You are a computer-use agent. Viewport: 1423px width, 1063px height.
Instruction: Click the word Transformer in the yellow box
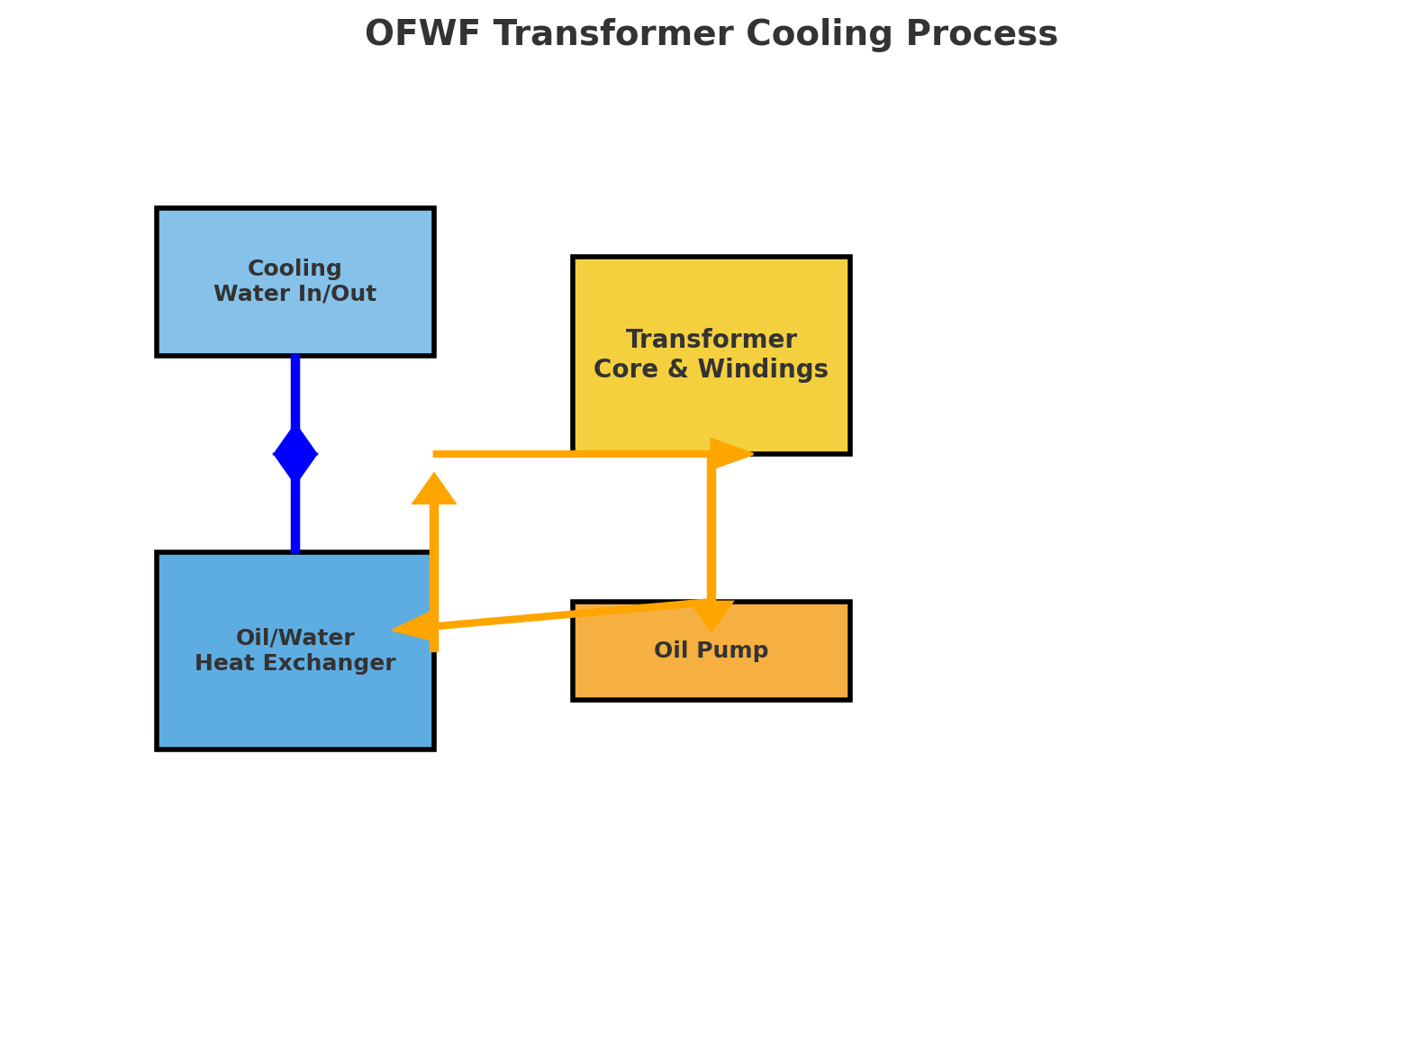click(x=711, y=341)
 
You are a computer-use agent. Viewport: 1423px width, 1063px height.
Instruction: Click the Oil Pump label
click(x=711, y=650)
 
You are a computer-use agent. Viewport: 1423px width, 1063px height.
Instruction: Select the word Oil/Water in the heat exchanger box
click(x=295, y=638)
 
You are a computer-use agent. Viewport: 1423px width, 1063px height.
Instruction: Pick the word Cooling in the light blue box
click(x=295, y=268)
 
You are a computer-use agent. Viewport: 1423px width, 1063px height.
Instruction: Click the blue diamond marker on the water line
click(x=295, y=454)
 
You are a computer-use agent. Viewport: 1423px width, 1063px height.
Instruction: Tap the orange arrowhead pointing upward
click(x=434, y=490)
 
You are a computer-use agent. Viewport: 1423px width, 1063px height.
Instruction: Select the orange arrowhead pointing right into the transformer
click(x=730, y=454)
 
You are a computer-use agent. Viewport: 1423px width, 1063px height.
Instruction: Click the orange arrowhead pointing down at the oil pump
click(x=711, y=615)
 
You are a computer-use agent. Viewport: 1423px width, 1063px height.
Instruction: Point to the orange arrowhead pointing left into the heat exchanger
click(x=412, y=626)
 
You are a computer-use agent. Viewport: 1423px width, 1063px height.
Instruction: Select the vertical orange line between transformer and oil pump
click(x=711, y=531)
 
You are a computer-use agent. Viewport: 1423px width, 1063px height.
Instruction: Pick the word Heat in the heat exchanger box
click(x=222, y=664)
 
